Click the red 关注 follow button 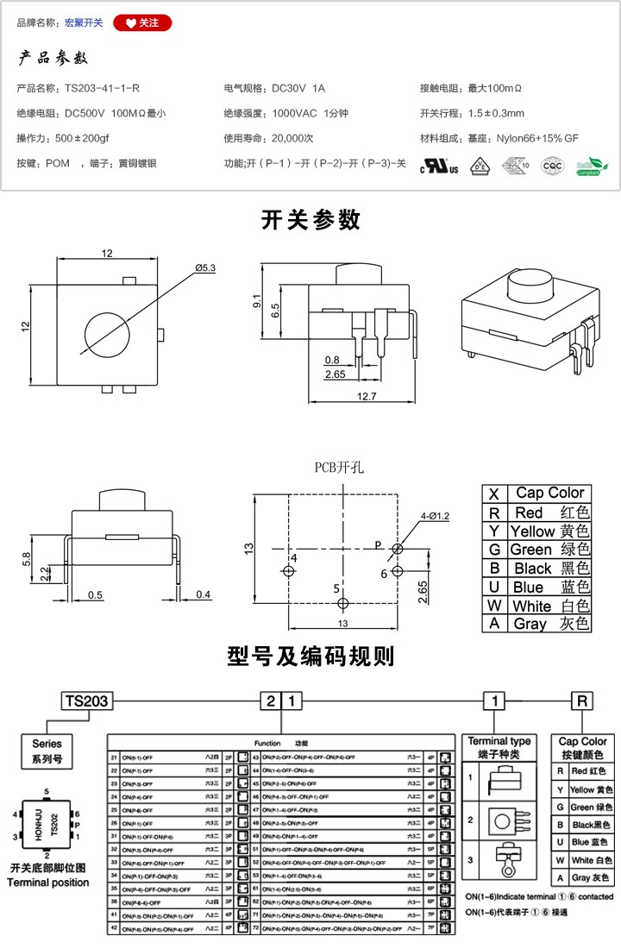click(x=142, y=23)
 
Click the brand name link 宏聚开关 click(x=84, y=23)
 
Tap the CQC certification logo click(x=552, y=166)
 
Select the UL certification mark click(x=439, y=166)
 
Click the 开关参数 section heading click(x=310, y=220)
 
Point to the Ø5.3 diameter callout click(x=205, y=268)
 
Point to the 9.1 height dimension click(x=256, y=301)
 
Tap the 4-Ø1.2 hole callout click(x=435, y=516)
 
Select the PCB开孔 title click(x=339, y=468)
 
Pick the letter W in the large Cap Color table click(x=494, y=606)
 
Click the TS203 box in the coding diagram click(x=86, y=701)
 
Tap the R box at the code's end click(x=583, y=701)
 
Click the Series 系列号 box click(x=47, y=751)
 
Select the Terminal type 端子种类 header click(x=499, y=746)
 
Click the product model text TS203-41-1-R click(x=103, y=88)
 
